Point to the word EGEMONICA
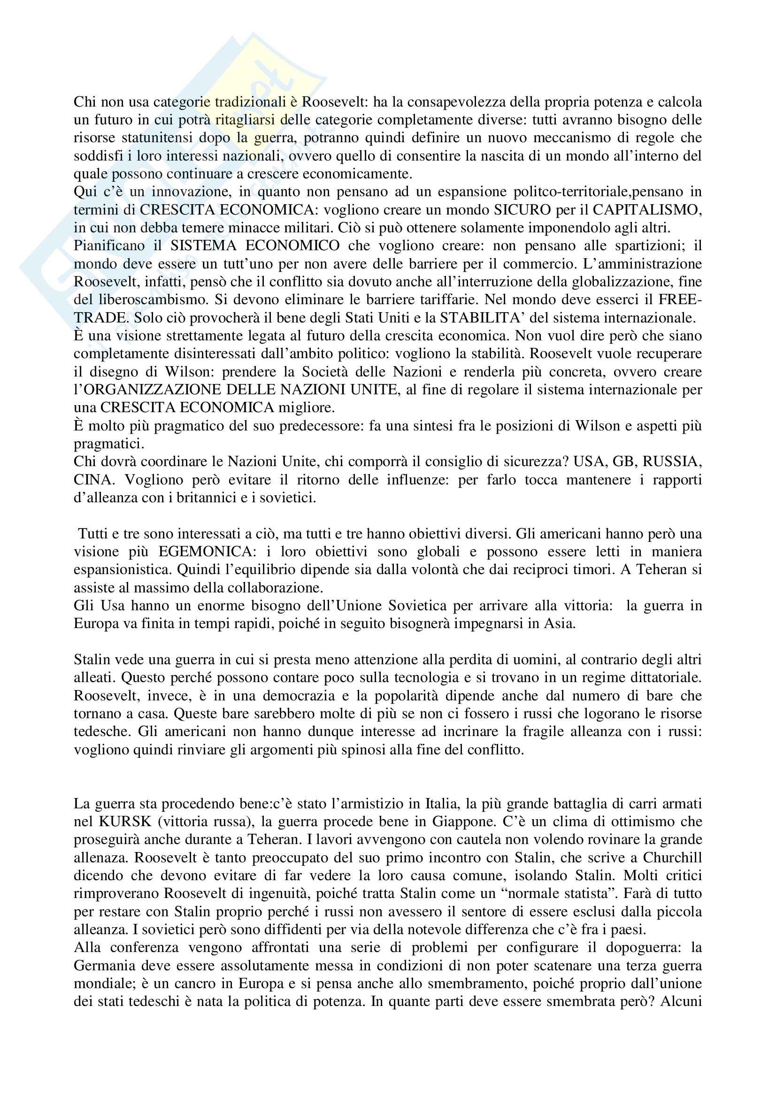pos(205,552)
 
